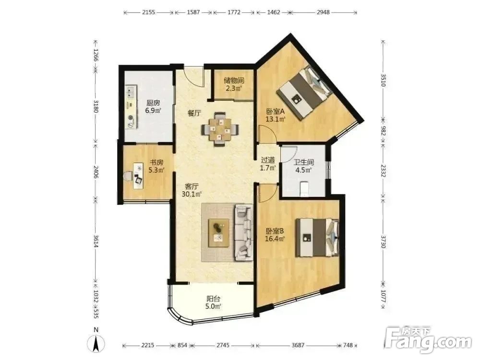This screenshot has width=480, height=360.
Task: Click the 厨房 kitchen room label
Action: (153, 103)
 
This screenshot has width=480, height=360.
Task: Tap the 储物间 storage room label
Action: (234, 81)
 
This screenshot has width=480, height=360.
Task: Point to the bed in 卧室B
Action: (317, 238)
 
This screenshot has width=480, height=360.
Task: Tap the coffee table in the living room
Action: (219, 233)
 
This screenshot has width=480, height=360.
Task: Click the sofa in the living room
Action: (244, 233)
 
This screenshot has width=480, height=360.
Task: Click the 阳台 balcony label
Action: (213, 299)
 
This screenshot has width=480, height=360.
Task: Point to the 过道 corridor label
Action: (268, 160)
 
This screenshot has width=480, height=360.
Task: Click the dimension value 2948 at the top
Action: (323, 12)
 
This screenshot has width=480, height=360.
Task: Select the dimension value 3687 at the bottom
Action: (298, 345)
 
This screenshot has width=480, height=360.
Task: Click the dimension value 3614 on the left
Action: (96, 241)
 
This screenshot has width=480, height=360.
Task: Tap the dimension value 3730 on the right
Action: (383, 241)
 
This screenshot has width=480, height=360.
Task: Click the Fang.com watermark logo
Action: (428, 340)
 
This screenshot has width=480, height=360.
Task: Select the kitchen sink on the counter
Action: (132, 92)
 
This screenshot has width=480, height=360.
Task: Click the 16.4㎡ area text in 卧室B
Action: (275, 239)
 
